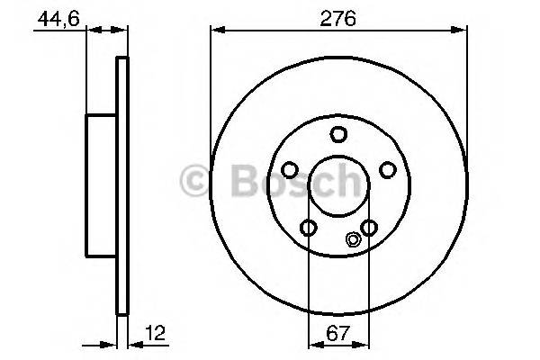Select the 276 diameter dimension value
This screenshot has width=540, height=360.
338,15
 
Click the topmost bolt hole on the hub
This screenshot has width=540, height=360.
338,135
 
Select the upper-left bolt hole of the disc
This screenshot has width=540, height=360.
291,169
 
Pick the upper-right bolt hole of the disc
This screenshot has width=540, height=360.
387,169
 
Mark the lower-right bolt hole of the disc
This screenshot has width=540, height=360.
369,227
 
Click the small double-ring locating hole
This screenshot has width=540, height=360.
353,239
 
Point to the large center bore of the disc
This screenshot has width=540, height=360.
338,187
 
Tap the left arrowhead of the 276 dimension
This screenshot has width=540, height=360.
216,30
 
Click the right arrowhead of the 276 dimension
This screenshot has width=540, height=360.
462,30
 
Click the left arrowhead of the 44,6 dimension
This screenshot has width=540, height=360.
91,30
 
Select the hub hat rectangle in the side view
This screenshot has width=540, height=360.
102,186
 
